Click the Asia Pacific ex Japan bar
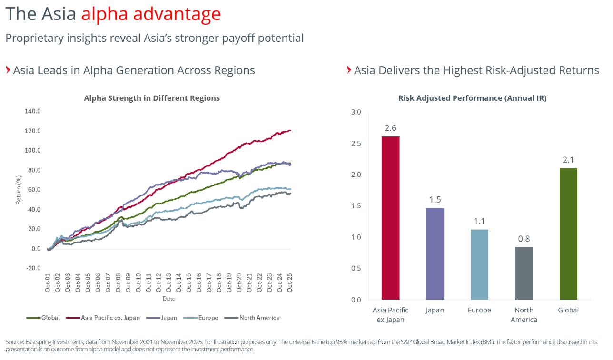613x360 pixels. (391, 218)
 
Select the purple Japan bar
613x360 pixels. (435, 253)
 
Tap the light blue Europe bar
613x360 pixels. (479, 264)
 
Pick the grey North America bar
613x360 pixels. (524, 273)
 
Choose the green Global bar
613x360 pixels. (568, 234)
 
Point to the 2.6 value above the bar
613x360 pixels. (391, 128)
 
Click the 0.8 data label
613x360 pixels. (524, 239)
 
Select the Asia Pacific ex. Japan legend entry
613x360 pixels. (103, 318)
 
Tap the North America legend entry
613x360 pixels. (252, 318)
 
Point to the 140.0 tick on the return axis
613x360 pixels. (32, 111)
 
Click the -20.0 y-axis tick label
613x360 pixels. (33, 268)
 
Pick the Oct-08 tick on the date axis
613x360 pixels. (118, 282)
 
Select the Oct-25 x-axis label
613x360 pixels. (290, 282)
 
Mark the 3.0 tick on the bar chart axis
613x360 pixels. (356, 112)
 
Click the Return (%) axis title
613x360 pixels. (19, 190)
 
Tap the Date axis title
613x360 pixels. (169, 299)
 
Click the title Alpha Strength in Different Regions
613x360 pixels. (152, 98)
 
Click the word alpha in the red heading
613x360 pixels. (105, 14)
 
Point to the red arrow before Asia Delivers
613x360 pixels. (349, 70)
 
